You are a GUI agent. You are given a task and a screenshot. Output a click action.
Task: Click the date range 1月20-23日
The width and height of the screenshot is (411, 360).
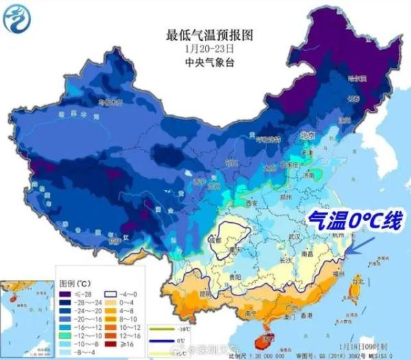201,48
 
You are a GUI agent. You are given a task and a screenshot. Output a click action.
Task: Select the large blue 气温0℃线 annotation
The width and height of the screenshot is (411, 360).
350,221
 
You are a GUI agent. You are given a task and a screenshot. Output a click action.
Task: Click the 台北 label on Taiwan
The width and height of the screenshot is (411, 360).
358,281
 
